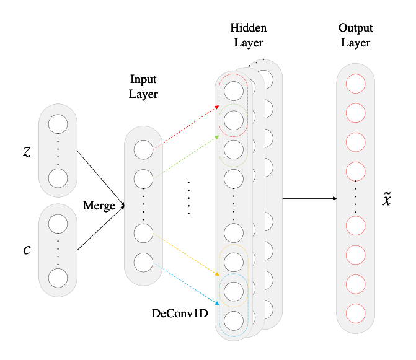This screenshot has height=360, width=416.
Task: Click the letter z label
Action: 27,152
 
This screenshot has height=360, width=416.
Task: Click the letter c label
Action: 27,250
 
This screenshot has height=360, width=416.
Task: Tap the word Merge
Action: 99,206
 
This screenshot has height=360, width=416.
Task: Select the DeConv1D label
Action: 180,314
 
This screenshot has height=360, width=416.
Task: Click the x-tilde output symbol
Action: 386,199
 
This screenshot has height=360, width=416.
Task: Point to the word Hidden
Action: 249,27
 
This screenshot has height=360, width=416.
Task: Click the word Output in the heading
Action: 355,28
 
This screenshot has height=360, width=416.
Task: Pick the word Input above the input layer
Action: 143,79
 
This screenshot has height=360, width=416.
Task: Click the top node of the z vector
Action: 58,124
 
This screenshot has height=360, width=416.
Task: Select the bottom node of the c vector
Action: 58,278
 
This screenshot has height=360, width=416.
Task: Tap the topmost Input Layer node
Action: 143,149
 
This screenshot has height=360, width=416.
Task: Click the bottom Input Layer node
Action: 143,263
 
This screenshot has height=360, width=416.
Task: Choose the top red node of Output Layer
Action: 355,84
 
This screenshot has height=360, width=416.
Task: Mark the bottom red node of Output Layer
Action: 355,314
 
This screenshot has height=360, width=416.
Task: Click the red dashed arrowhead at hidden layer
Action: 217,107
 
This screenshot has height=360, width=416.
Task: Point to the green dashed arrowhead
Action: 217,137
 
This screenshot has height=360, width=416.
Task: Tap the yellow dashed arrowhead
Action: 217,274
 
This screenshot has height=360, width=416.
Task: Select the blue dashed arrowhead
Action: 217,303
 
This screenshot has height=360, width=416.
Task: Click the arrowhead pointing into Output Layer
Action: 335,198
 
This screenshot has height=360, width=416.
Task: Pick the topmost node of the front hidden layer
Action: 234,91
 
